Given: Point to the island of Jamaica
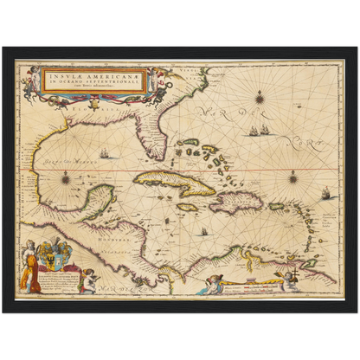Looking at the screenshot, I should (x=188, y=208).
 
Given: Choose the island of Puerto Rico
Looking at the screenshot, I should (x=277, y=206).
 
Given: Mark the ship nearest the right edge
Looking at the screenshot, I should (x=327, y=193).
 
